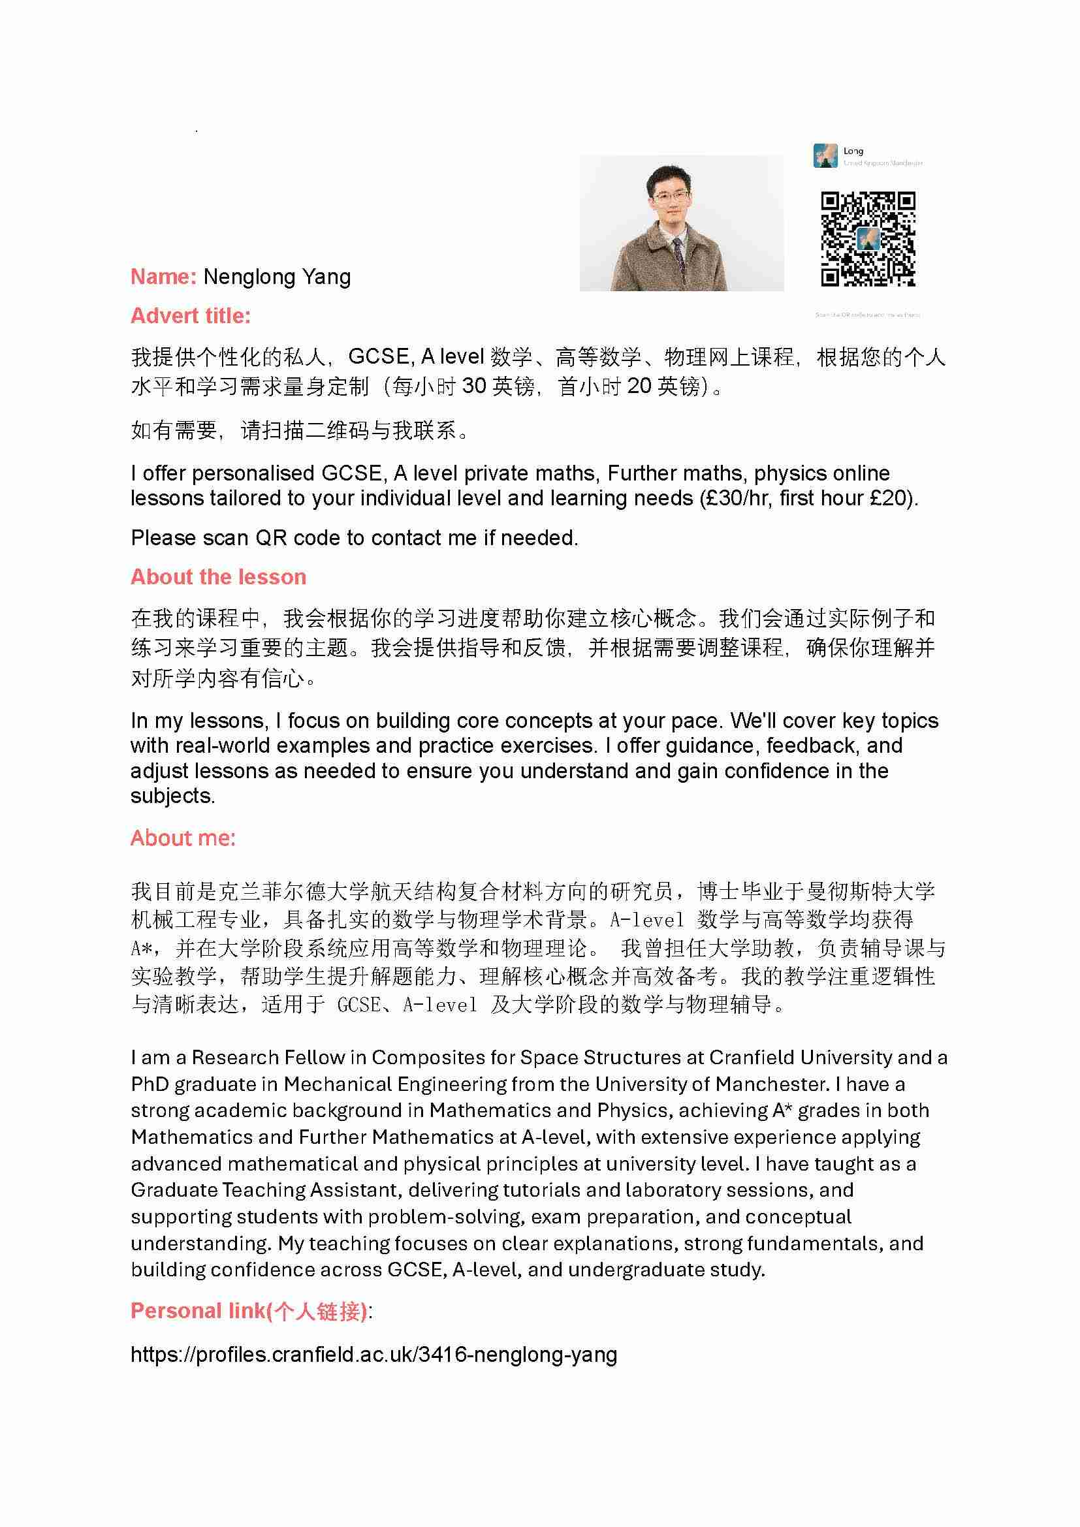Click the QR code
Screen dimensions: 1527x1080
[868, 239]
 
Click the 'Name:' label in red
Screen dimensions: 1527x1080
[163, 277]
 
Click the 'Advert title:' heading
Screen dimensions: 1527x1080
[191, 316]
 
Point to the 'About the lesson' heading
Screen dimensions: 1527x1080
[218, 576]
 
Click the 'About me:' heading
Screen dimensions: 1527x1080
[183, 838]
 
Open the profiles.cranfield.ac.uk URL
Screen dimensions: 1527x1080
[373, 1354]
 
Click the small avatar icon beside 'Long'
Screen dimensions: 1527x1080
[825, 155]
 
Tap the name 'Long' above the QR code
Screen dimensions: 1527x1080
[853, 151]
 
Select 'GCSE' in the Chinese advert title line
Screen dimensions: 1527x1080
[379, 357]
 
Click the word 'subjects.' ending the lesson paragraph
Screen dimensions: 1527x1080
[173, 795]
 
